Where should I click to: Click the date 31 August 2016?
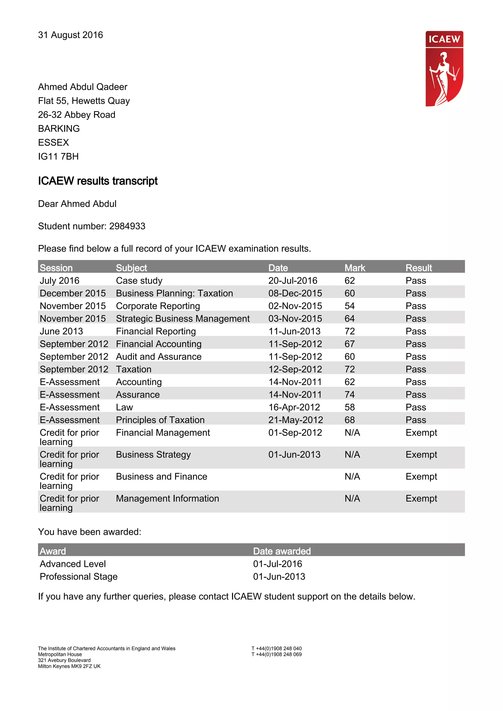(x=70, y=35)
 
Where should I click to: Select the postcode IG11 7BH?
(x=58, y=156)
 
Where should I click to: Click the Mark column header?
(x=355, y=268)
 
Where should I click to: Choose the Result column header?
(x=419, y=268)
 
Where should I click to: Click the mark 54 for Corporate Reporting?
(x=349, y=306)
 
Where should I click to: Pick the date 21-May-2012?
(x=296, y=420)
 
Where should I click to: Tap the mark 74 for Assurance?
(x=349, y=395)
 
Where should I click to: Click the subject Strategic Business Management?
(x=182, y=319)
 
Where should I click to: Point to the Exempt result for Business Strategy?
(x=421, y=455)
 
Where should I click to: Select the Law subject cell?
(x=124, y=407)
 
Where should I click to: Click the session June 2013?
(x=61, y=331)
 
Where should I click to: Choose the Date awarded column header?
(x=282, y=551)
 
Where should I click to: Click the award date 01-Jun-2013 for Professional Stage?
(x=279, y=577)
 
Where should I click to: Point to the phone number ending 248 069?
(x=277, y=654)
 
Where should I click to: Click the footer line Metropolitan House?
(x=60, y=654)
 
